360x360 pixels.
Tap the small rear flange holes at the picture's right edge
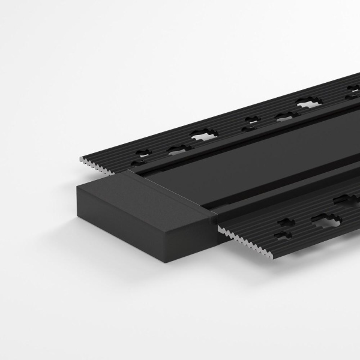click(x=352, y=92)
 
